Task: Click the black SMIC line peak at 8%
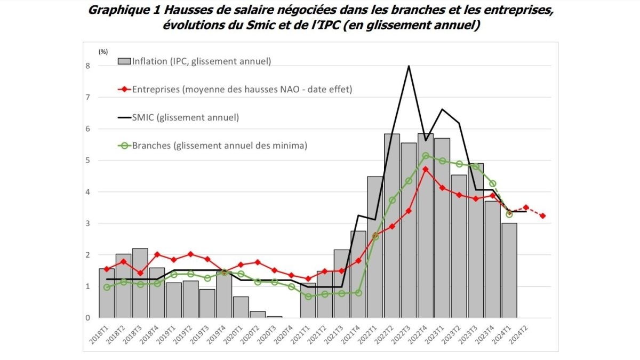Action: [x=409, y=66]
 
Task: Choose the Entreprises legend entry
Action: [x=235, y=89]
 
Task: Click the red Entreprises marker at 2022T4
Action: [x=425, y=169]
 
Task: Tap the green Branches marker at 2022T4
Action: [x=425, y=156]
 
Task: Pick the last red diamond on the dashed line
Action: [x=542, y=216]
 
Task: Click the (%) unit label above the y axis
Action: [x=103, y=51]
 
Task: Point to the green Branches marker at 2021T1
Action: [x=308, y=297]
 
